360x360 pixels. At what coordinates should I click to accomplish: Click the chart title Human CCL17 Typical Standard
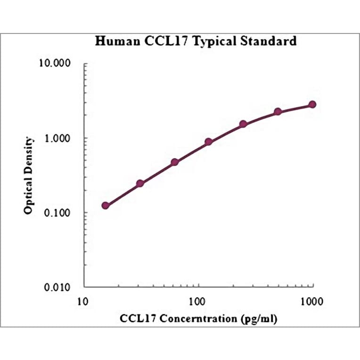coord(196,41)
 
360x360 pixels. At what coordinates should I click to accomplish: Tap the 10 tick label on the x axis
coord(82,301)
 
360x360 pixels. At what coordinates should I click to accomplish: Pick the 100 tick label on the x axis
coord(197,301)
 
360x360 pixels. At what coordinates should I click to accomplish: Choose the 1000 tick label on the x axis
coord(311,301)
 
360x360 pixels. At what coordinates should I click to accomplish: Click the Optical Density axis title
coord(29,175)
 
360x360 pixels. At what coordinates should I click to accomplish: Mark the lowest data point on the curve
coord(106,205)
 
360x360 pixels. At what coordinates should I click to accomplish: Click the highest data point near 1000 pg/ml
coord(312,105)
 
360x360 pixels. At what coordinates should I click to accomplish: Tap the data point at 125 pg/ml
coord(208,142)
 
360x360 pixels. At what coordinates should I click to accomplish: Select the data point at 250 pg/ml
coord(243,124)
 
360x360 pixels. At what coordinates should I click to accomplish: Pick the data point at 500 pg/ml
coord(278,112)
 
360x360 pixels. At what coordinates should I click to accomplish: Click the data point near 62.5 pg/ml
coord(174,162)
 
